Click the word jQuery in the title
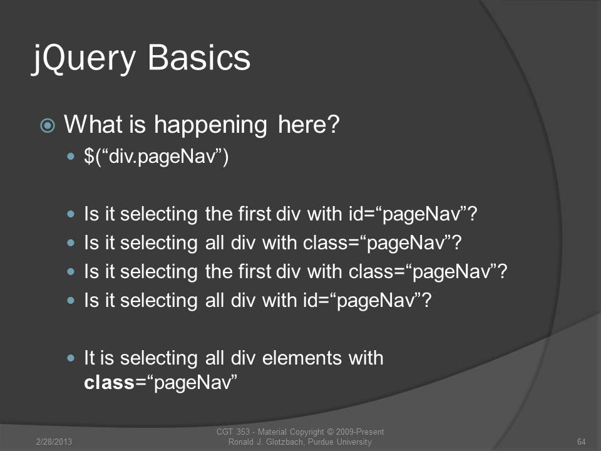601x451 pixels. [x=84, y=59]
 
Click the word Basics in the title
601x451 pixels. [x=199, y=57]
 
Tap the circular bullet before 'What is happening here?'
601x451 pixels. [x=48, y=125]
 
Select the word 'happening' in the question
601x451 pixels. [x=210, y=126]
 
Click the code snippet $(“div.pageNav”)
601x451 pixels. [x=156, y=157]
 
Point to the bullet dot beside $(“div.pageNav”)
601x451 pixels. [x=71, y=157]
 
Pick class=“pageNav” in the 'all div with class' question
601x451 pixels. [x=382, y=243]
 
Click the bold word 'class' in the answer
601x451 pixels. [x=109, y=382]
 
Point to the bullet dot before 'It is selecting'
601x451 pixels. [x=71, y=358]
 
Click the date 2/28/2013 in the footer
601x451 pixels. [x=54, y=442]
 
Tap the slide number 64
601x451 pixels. [x=581, y=442]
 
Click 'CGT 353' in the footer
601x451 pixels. [x=233, y=432]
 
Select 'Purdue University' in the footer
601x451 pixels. [x=339, y=442]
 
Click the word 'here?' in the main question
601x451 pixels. [x=309, y=125]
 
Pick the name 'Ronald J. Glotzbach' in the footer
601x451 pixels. [x=267, y=442]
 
